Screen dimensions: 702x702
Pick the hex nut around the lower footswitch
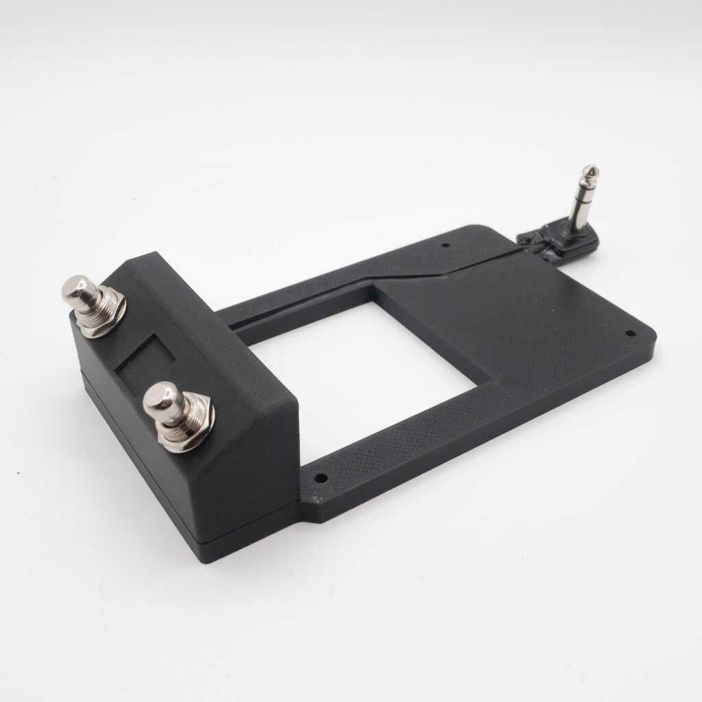point(184,431)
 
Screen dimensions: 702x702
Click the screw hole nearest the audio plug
point(446,244)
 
